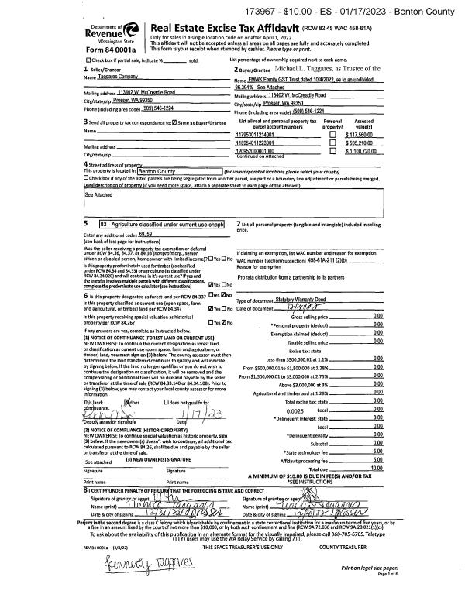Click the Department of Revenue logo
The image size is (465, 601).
pos(115,33)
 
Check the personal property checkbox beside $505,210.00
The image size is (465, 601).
pos(332,143)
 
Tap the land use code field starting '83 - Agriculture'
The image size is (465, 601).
pos(162,224)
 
